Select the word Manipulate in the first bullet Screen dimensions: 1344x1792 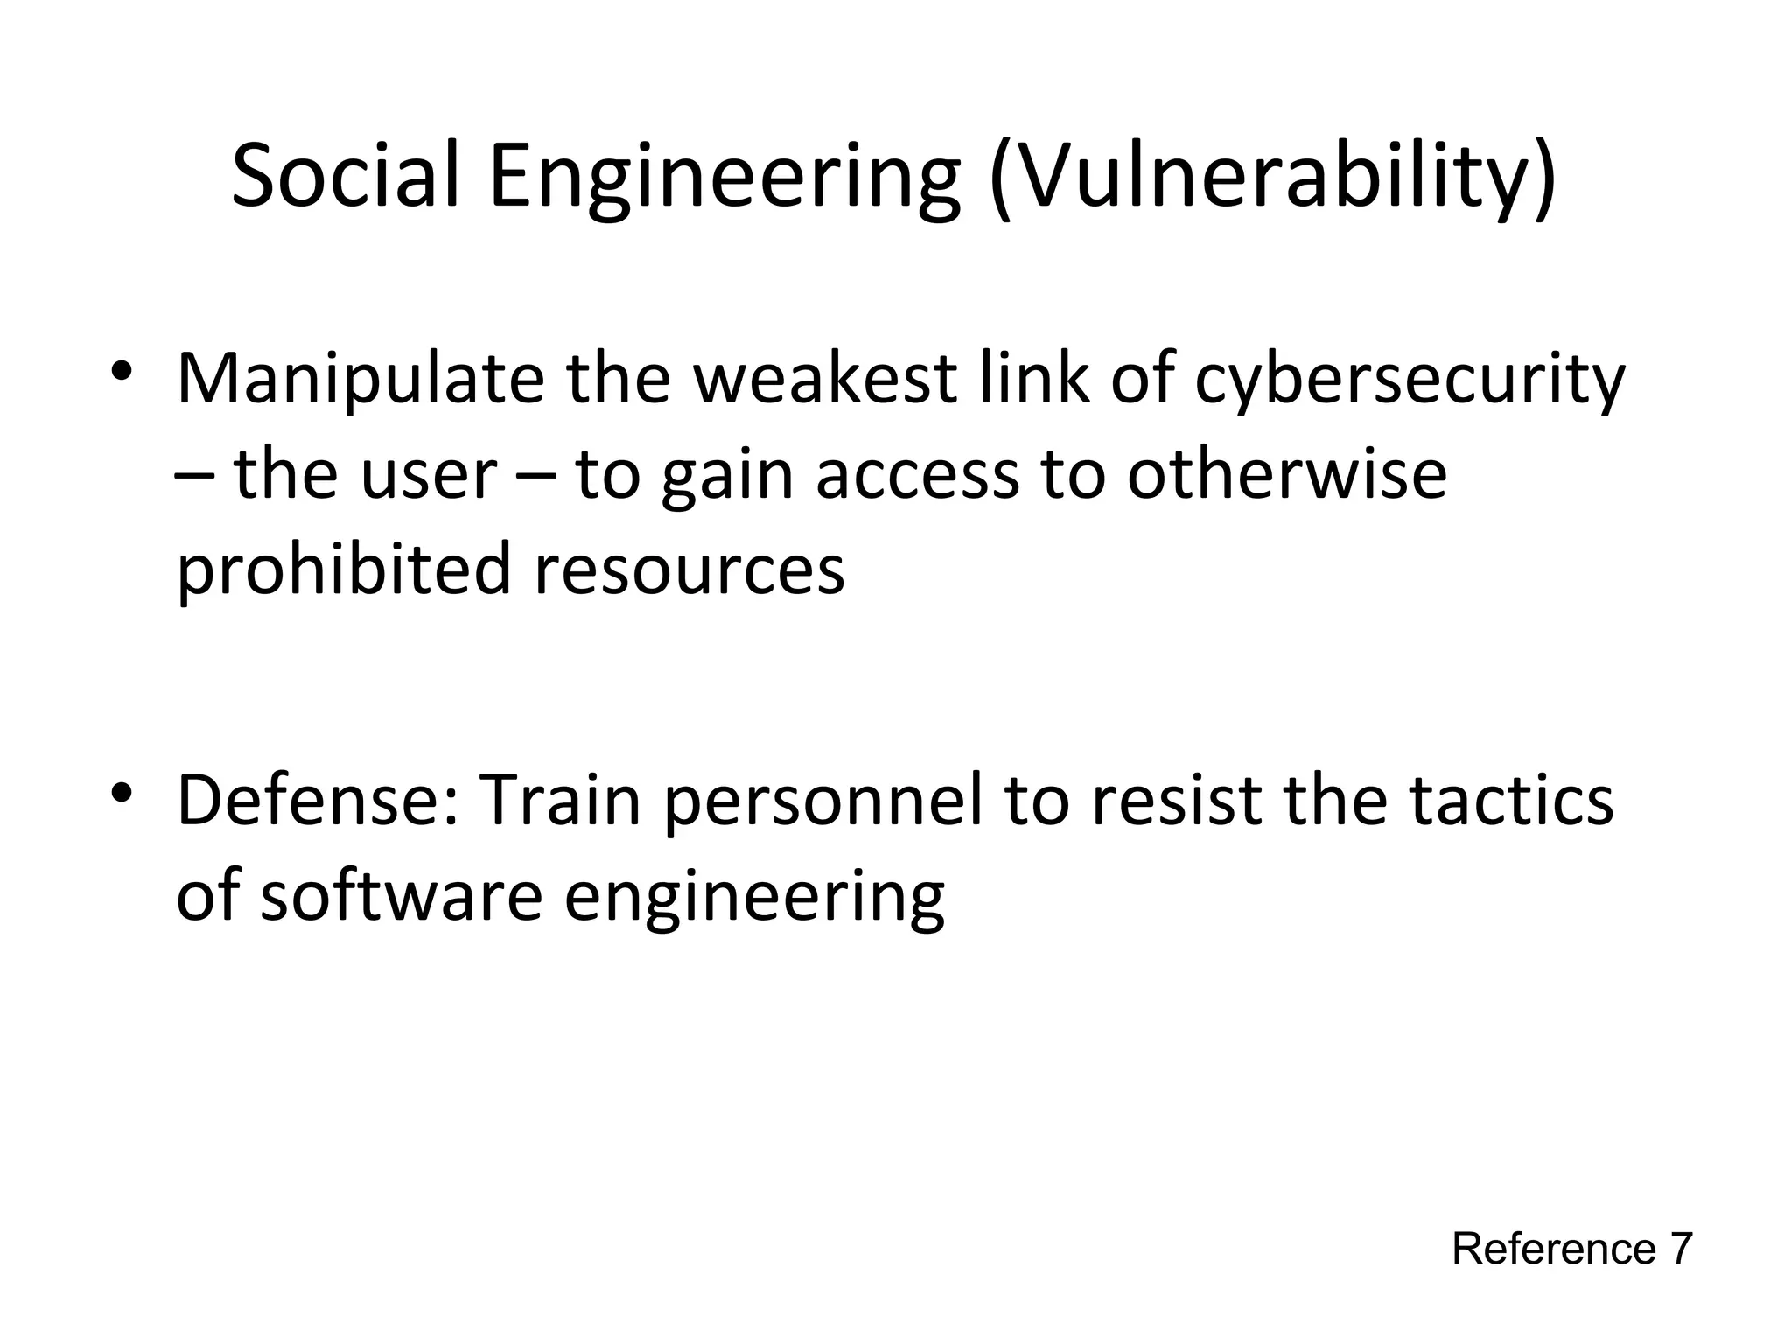tap(359, 381)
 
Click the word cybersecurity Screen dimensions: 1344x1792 tap(1410, 381)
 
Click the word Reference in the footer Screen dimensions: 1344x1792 tap(1554, 1249)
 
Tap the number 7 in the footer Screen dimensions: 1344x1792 tap(1681, 1249)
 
